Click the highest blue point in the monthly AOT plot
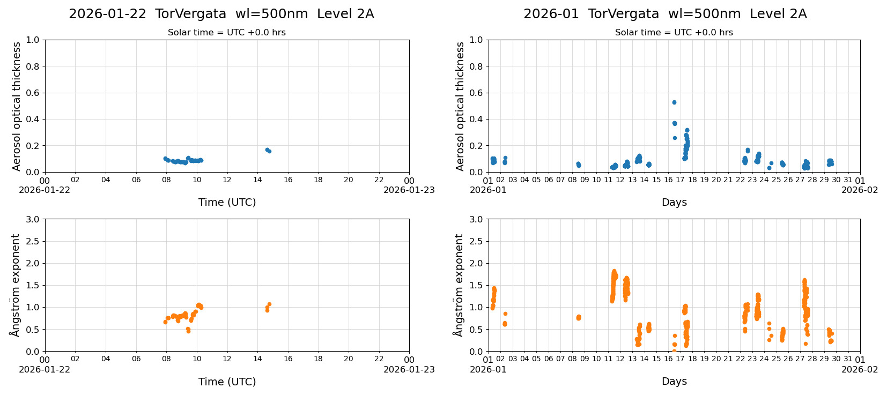pyautogui.click(x=674, y=102)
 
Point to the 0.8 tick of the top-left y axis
pyautogui.click(x=33, y=66)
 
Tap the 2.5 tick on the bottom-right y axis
pyautogui.click(x=476, y=241)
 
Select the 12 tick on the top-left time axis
pyautogui.click(x=227, y=180)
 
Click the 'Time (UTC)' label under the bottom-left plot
pyautogui.click(x=227, y=382)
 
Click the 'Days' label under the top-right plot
pyautogui.click(x=674, y=203)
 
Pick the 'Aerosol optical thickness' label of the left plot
pyautogui.click(x=17, y=106)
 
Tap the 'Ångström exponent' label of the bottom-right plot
pyautogui.click(x=459, y=285)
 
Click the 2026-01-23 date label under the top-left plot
pyautogui.click(x=409, y=190)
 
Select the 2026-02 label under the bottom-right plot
pyautogui.click(x=860, y=369)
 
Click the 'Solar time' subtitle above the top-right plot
pyautogui.click(x=674, y=33)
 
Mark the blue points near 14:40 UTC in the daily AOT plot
pyautogui.click(x=268, y=151)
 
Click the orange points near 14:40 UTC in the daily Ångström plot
pyautogui.click(x=268, y=307)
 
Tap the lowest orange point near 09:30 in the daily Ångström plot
pyautogui.click(x=188, y=331)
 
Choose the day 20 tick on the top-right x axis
pyautogui.click(x=716, y=180)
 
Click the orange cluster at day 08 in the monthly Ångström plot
pyautogui.click(x=578, y=317)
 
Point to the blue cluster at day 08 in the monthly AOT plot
pyautogui.click(x=578, y=165)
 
